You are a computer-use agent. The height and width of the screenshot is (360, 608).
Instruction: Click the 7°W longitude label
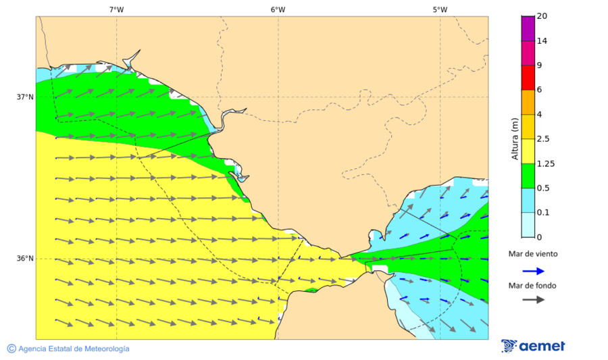(116, 9)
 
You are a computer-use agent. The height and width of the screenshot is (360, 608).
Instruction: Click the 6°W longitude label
(278, 9)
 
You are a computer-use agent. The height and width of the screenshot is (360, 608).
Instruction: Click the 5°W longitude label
(440, 9)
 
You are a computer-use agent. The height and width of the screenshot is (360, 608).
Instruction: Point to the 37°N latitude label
(25, 97)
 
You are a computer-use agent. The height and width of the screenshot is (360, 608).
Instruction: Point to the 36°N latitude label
(25, 259)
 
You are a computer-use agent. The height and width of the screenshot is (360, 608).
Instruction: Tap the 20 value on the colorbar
(542, 16)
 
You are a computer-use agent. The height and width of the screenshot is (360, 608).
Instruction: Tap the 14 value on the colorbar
(542, 41)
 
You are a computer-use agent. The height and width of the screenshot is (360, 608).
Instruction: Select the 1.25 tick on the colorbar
(545, 163)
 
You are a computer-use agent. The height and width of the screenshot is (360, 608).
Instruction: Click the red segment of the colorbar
(528, 78)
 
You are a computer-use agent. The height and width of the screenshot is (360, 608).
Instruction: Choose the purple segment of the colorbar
(528, 28)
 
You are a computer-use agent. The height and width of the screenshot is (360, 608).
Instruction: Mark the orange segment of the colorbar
(528, 102)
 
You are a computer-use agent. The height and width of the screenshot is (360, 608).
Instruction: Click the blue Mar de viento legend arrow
(534, 271)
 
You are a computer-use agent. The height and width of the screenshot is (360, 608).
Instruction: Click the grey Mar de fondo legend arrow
(534, 299)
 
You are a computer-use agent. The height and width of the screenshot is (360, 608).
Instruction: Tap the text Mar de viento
(534, 254)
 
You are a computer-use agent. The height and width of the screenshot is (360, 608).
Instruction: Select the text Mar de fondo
(534, 286)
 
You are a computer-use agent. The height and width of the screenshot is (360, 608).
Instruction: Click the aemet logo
(533, 346)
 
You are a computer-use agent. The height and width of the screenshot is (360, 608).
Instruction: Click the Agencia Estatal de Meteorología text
(68, 349)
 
